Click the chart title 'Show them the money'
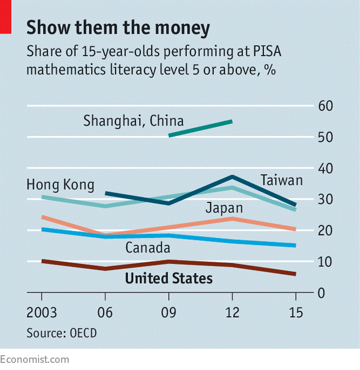pos(118,27)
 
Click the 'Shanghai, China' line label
pos(125,122)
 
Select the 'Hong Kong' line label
pos(60,185)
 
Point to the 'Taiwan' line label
pos(282,181)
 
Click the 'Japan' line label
pos(224,208)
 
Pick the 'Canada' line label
pos(148,247)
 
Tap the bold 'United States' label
pos(170,278)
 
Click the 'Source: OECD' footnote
pos(61,333)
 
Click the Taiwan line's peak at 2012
pos(232,176)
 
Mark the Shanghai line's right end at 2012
pos(232,121)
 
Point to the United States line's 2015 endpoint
pos(295,274)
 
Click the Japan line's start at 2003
pos(41,217)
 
